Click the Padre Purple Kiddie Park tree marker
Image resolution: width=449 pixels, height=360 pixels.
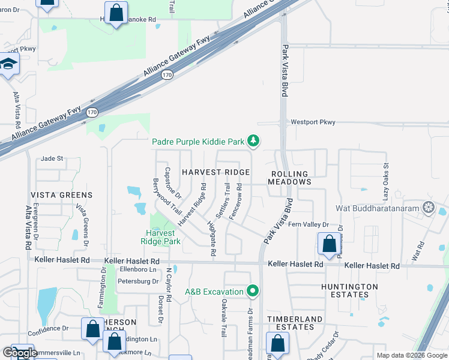coord(253,141)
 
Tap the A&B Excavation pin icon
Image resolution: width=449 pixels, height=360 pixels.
coord(253,292)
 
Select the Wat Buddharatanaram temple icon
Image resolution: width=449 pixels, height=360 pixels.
coord(428,208)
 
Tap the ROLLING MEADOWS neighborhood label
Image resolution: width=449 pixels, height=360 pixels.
coord(288,178)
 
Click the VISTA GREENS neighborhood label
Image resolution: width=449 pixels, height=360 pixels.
coord(62,195)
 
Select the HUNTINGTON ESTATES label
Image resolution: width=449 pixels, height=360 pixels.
coord(349,290)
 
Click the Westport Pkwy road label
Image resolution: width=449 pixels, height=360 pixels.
coord(313,122)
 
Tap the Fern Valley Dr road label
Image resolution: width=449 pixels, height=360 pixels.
coord(309,224)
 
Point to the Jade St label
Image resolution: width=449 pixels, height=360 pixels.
coord(52,158)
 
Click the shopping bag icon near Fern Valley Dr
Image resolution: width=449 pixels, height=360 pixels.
coord(329,244)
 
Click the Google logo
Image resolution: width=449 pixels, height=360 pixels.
coord(19,353)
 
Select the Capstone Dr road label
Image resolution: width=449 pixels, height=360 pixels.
coord(173,182)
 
